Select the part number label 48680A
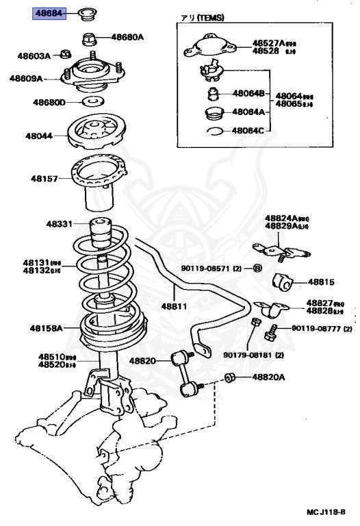[128, 38]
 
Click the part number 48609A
[26, 79]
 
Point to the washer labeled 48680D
[89, 103]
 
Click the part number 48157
[42, 178]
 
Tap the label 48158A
[46, 328]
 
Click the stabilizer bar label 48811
[175, 306]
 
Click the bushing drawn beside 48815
[281, 281]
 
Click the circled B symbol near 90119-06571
[257, 267]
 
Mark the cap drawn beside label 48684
[87, 13]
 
